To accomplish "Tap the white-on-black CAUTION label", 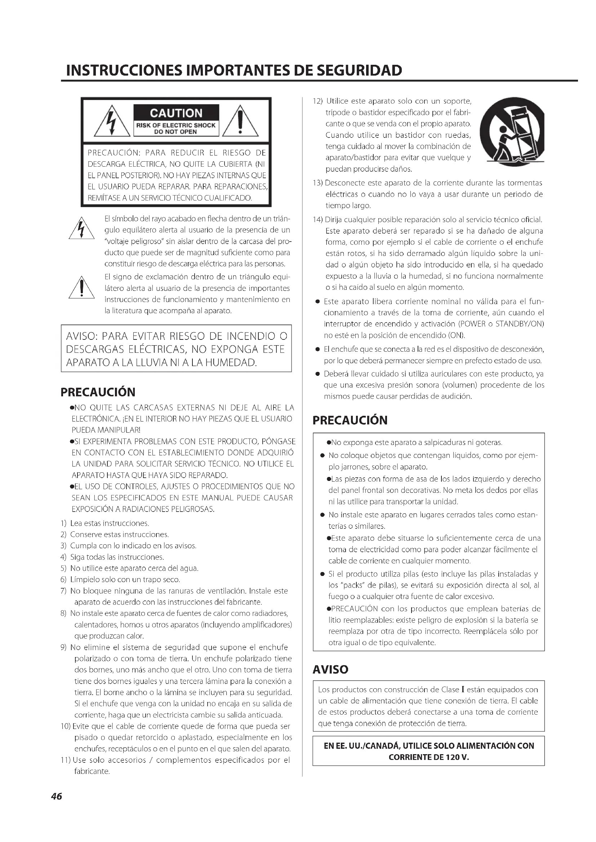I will tap(176, 113).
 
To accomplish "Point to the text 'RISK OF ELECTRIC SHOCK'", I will tap(176, 125).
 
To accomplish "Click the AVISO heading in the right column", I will tap(330, 670).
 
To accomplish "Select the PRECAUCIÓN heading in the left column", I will tap(98, 392).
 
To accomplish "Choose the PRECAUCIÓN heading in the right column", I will tap(350, 420).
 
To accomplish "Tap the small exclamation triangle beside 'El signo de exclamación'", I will tap(81, 288).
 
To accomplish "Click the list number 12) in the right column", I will tap(317, 101).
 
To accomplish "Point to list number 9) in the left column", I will tap(63, 647).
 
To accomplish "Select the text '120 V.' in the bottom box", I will tap(458, 757).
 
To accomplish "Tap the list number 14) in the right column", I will tap(317, 220).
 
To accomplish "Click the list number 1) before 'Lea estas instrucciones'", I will tap(63, 523).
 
